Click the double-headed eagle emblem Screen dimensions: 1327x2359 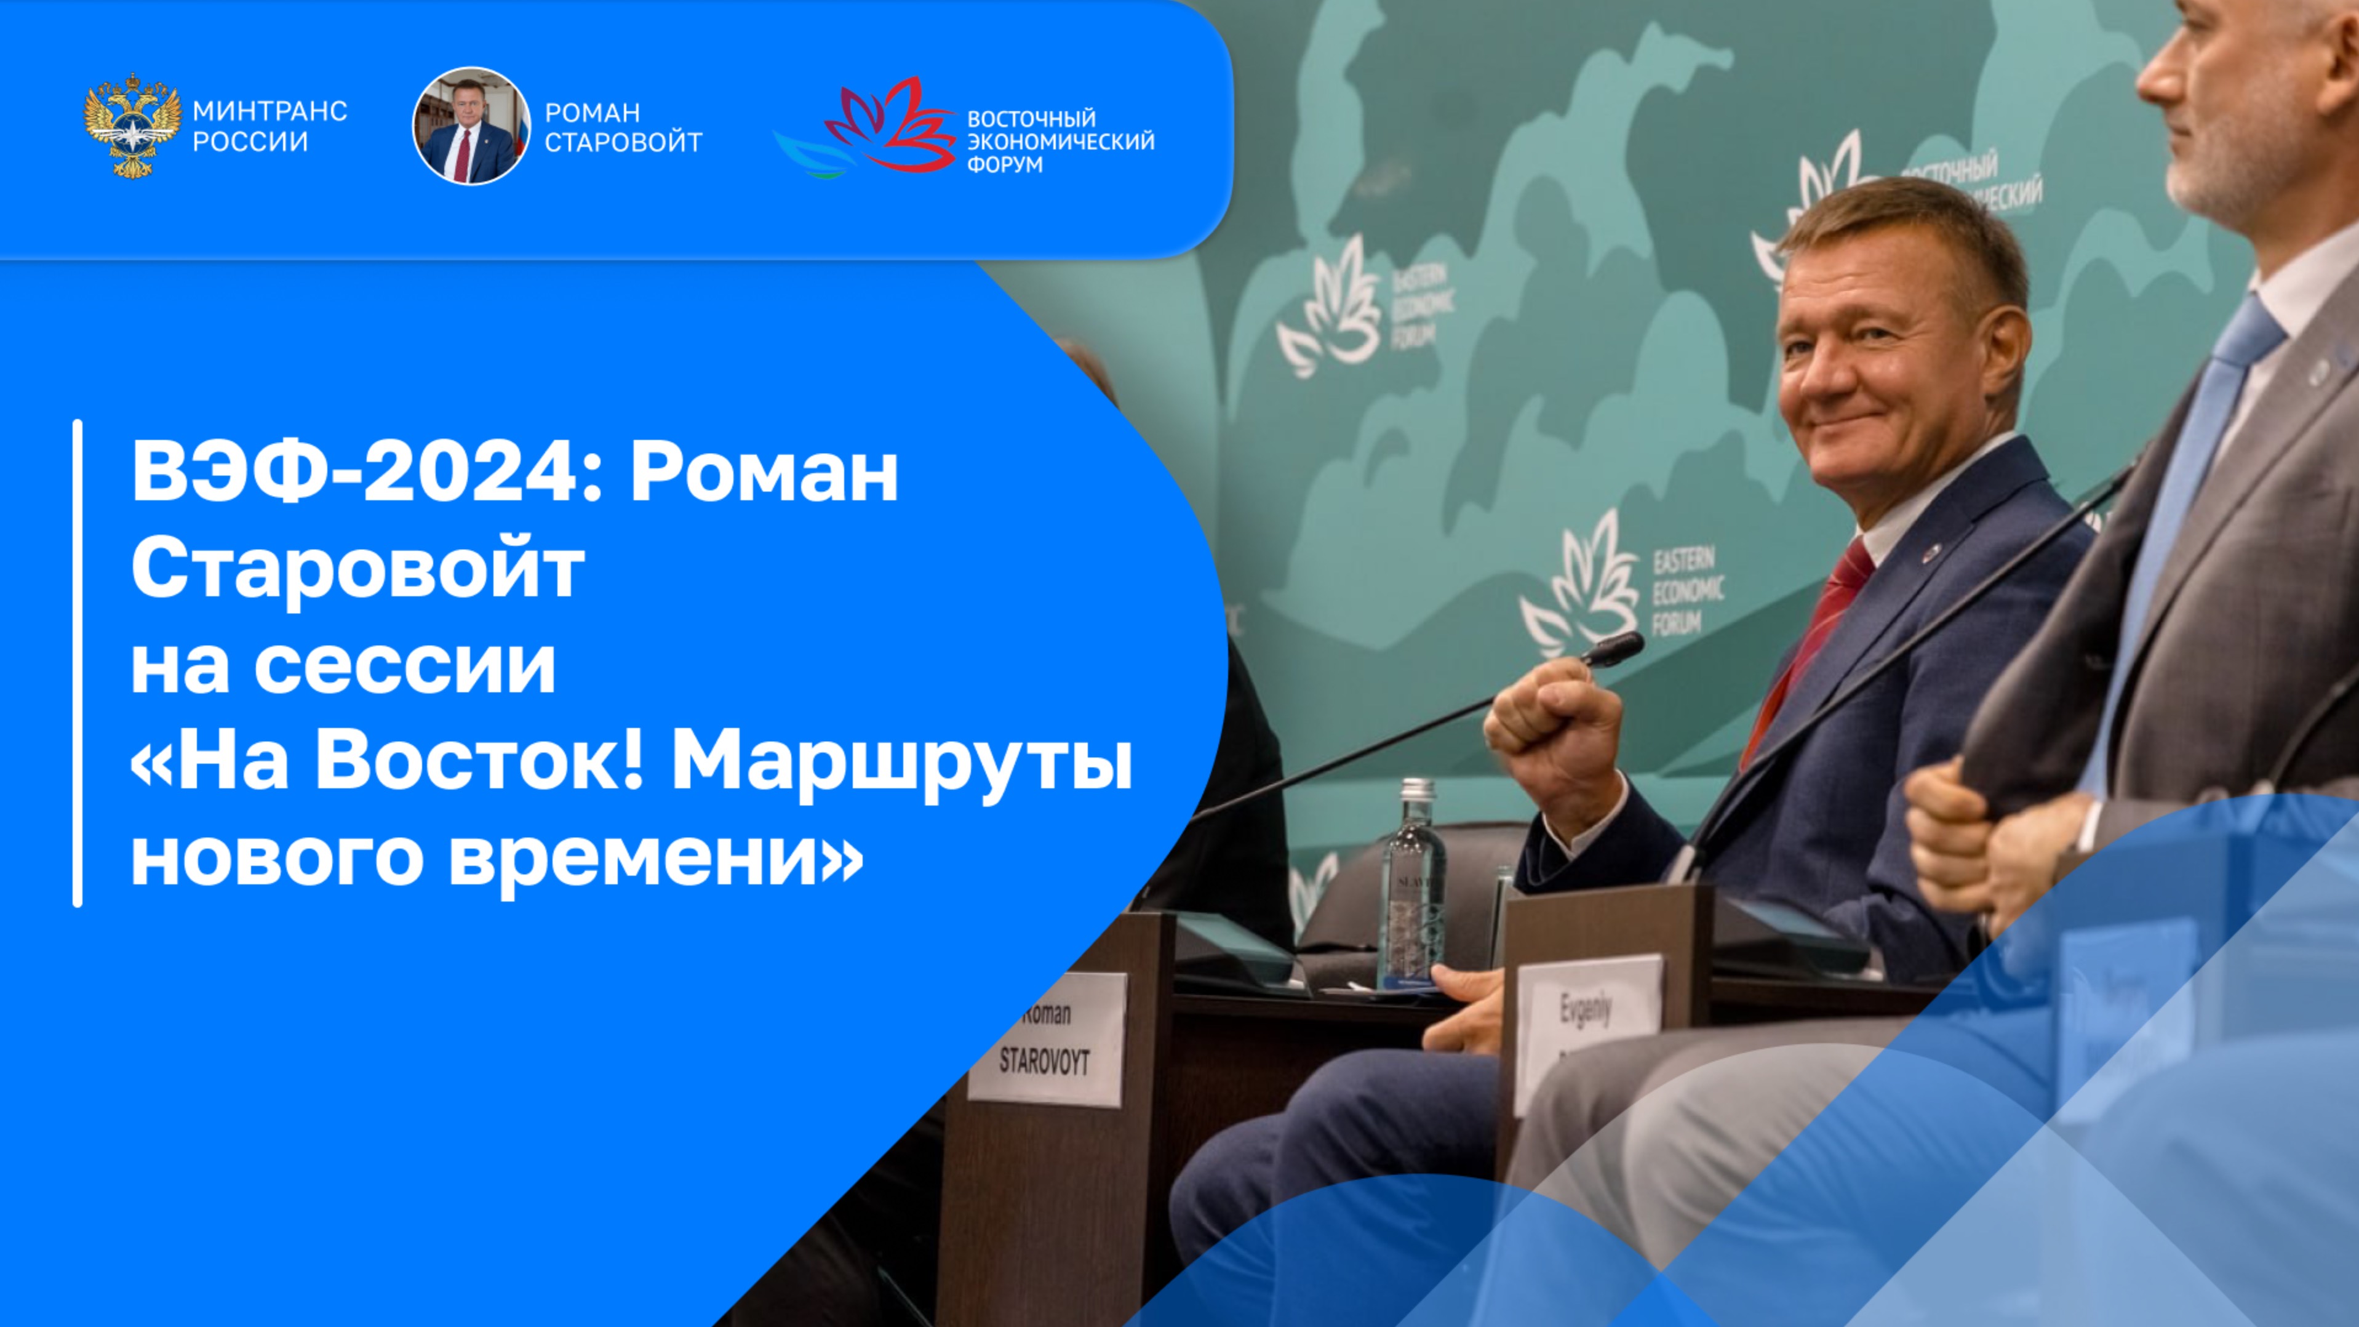(x=132, y=126)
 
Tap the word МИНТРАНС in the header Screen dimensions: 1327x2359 (x=269, y=112)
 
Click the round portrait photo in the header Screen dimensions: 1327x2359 (x=471, y=126)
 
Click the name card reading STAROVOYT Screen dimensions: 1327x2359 (x=1046, y=1040)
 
